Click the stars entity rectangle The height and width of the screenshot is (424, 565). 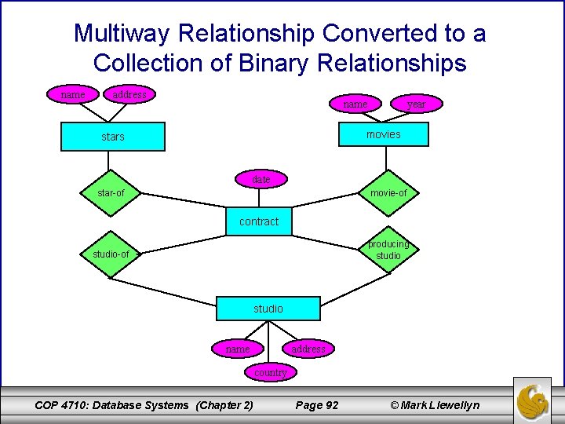tap(113, 137)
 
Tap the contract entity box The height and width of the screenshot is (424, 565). tap(259, 221)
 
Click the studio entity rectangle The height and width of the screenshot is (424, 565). tap(268, 309)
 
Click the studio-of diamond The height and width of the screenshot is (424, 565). tap(111, 254)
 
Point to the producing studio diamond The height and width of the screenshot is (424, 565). tap(388, 250)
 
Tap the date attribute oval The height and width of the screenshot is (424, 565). tap(261, 180)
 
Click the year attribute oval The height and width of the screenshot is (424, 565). tap(416, 104)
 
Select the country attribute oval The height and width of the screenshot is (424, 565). tap(270, 372)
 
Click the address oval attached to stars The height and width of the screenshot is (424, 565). tap(129, 95)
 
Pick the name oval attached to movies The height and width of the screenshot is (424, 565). tap(355, 104)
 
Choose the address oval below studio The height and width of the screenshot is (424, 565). tap(308, 349)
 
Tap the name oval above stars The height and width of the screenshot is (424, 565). tap(73, 95)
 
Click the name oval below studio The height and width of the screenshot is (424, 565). tap(237, 349)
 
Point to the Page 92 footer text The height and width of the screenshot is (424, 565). tap(316, 404)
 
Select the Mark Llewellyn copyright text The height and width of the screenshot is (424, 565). tap(435, 404)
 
